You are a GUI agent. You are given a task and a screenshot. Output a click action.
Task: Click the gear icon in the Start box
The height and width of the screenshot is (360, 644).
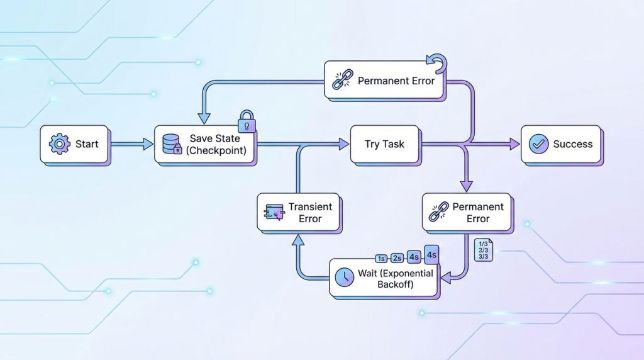59,144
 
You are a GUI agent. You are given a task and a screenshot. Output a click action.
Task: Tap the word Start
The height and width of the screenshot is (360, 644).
87,144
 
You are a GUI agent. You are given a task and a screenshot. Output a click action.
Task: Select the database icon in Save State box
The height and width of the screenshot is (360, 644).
172,144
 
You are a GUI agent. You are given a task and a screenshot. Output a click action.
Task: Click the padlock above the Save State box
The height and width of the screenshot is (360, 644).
247,121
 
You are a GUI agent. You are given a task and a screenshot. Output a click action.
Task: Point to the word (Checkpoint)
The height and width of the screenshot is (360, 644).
216,150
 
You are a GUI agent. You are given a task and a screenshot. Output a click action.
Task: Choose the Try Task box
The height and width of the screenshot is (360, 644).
384,144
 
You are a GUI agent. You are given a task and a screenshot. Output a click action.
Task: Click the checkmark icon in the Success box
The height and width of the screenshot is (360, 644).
538,144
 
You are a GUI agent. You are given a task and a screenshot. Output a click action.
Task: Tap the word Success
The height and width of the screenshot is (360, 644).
572,144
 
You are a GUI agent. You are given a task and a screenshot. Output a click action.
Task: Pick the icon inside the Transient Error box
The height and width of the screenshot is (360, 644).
274,212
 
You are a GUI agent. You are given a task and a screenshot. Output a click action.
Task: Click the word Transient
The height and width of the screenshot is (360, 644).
310,206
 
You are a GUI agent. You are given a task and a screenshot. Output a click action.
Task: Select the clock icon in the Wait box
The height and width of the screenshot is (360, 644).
344,277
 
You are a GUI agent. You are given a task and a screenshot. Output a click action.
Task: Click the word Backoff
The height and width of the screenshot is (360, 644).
395,284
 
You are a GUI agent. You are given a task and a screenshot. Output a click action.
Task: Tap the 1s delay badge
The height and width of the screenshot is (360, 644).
381,259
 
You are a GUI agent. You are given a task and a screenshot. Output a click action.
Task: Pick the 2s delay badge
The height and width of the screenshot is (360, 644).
397,258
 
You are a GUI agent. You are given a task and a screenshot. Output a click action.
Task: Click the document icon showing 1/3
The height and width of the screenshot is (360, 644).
484,250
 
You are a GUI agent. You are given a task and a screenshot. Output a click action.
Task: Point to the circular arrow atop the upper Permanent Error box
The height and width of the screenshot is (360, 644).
438,64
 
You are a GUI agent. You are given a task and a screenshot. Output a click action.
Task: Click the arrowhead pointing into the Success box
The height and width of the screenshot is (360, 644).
514,144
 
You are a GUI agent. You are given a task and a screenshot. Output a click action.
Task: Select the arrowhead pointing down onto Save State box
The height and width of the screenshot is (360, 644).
204,119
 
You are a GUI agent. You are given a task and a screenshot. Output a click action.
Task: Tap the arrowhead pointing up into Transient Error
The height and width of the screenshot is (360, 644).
298,240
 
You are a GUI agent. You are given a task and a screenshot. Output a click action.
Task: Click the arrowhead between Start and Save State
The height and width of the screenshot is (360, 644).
148,144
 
